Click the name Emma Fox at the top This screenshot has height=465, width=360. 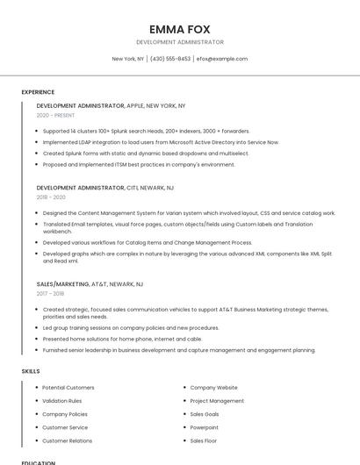[180, 29]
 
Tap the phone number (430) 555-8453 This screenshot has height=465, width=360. [170, 59]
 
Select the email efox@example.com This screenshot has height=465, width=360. [222, 59]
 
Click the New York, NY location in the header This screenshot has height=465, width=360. [128, 59]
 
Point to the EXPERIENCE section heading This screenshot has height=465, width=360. [38, 92]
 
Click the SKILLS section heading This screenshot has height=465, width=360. [31, 371]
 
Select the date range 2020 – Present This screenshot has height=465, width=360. [55, 115]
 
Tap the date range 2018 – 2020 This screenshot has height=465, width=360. [51, 197]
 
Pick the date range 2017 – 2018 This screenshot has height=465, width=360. [51, 294]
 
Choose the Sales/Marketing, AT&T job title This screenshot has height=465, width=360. [90, 284]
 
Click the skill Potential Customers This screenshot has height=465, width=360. [68, 387]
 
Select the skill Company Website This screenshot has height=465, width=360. [213, 387]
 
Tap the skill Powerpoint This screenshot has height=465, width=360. [205, 427]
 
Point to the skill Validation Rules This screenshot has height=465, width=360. [62, 400]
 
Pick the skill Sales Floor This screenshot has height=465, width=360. [204, 440]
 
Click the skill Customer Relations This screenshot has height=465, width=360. [68, 440]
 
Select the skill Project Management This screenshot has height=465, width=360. [217, 400]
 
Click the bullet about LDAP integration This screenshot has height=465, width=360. [161, 141]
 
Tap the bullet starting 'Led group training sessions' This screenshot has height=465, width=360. [131, 327]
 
